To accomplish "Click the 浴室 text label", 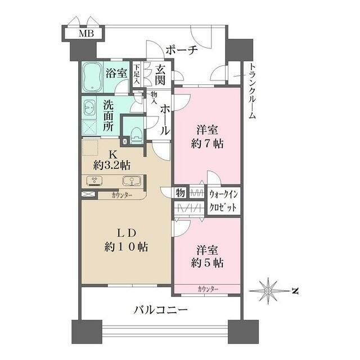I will pos(117,73).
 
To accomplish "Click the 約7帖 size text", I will pos(206,143).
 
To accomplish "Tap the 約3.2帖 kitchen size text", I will pos(112,165).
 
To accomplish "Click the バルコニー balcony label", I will pos(160,309).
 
